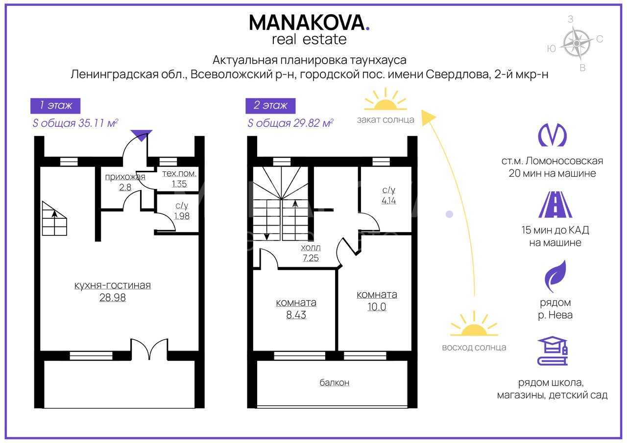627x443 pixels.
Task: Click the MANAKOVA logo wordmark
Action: click(309, 23)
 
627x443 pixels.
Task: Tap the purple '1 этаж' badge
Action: click(55, 106)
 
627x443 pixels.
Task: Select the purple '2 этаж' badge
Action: click(270, 106)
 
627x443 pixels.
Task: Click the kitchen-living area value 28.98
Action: click(113, 297)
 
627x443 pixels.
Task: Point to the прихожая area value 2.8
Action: click(125, 187)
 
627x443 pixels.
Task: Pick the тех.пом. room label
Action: click(179, 173)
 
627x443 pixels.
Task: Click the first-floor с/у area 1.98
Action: click(182, 216)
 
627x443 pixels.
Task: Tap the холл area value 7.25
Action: click(311, 258)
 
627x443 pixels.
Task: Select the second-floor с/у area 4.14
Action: click(389, 200)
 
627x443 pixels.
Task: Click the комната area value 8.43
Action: click(296, 315)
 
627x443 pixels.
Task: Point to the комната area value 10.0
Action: click(377, 307)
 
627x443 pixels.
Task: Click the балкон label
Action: click(335, 382)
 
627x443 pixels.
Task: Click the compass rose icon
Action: click(577, 44)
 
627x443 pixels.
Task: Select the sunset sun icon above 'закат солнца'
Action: click(386, 99)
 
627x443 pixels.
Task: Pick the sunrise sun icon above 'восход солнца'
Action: click(474, 324)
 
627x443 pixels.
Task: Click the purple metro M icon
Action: click(552, 135)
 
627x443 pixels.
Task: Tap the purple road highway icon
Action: click(555, 205)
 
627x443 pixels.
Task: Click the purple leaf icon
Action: click(555, 276)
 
